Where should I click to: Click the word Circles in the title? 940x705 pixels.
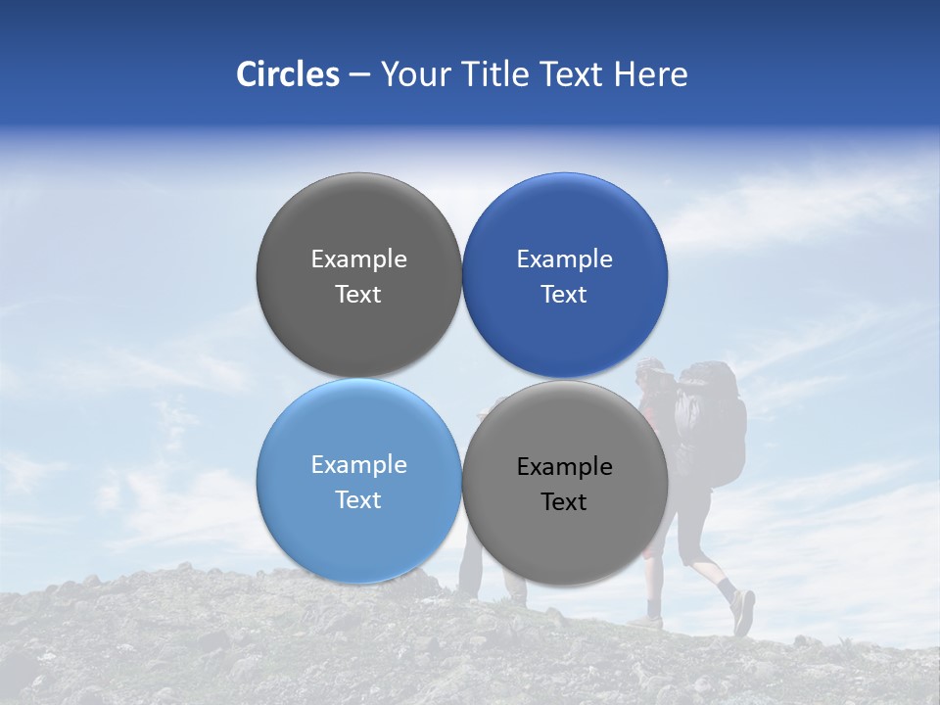[288, 74]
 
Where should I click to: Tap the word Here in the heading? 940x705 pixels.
[650, 74]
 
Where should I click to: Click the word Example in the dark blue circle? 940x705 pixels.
[565, 259]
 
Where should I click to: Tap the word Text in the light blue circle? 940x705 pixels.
[358, 500]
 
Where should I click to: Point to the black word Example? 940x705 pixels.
[565, 467]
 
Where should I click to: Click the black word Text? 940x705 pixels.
[564, 502]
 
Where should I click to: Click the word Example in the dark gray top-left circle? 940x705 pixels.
[358, 259]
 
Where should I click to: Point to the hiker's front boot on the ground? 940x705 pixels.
[646, 622]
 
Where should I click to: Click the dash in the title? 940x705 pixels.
[359, 74]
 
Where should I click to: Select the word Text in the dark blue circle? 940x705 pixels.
[564, 295]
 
